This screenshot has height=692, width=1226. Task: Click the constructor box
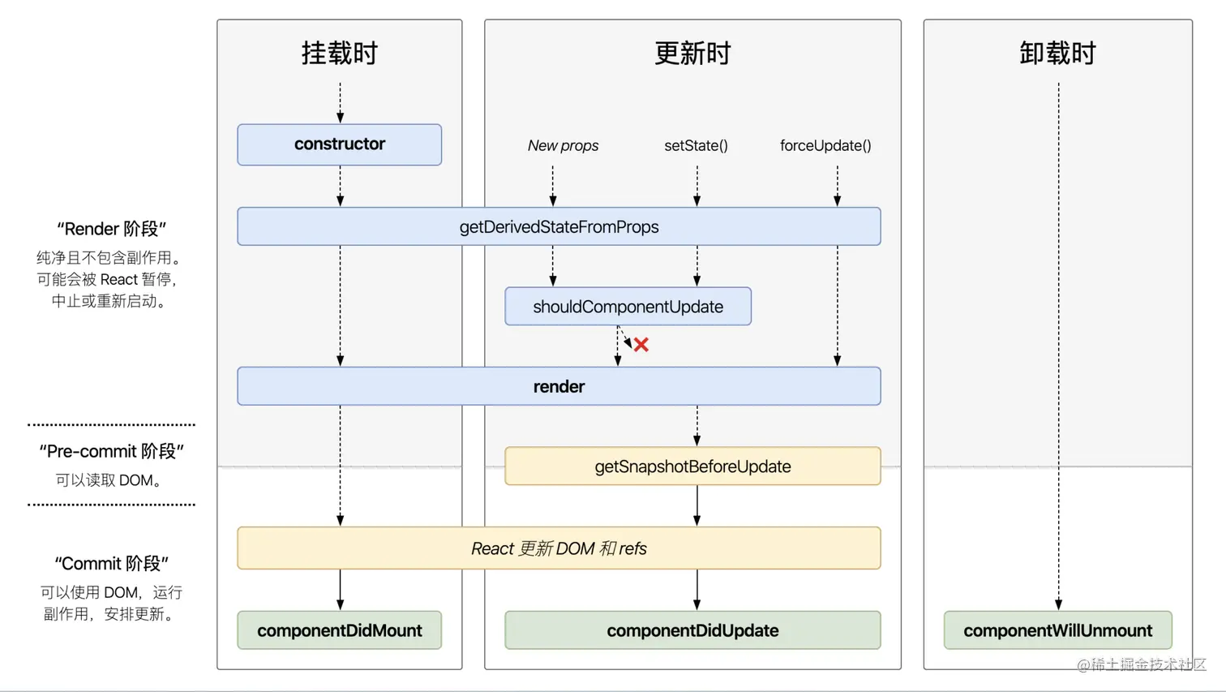[339, 144]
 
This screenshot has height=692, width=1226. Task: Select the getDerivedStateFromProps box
[559, 226]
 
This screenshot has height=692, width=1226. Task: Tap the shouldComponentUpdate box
[628, 306]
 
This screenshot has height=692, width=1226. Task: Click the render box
[559, 386]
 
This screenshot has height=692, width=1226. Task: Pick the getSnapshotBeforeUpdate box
[692, 466]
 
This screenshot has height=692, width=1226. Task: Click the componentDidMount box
[339, 630]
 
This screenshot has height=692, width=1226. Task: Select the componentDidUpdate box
[692, 630]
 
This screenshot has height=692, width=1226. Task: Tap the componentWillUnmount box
[1058, 630]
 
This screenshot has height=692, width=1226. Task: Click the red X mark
[641, 344]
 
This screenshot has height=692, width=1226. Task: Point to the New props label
[563, 146]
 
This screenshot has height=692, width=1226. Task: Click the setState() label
[697, 146]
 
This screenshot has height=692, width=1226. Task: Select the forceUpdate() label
[825, 146]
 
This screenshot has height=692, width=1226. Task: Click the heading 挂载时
[339, 53]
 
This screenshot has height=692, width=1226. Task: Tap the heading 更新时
[692, 53]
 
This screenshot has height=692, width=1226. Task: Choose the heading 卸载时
[1057, 53]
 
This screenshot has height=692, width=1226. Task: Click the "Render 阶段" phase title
[112, 229]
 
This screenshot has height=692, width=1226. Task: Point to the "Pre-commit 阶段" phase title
[112, 451]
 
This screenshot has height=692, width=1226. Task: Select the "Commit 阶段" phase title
[112, 563]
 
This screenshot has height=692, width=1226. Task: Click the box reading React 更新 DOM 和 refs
[559, 548]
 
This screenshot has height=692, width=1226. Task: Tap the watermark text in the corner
[1142, 664]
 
